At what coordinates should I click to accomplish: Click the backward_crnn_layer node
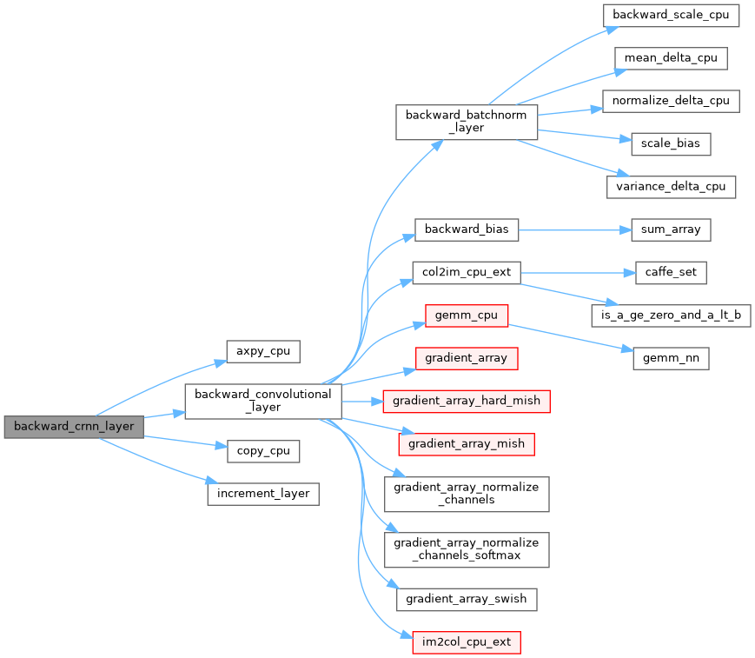pyautogui.click(x=73, y=427)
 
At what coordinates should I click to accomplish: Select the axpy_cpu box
pyautogui.click(x=262, y=351)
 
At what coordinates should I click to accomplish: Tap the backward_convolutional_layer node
pyautogui.click(x=263, y=401)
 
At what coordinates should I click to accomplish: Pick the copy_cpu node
pyautogui.click(x=262, y=451)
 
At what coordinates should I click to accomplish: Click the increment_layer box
pyautogui.click(x=262, y=494)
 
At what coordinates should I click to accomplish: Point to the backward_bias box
pyautogui.click(x=467, y=229)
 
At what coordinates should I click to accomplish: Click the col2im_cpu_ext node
pyautogui.click(x=467, y=272)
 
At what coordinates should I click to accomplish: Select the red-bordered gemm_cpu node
pyautogui.click(x=467, y=315)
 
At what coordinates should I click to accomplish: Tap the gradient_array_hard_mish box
pyautogui.click(x=467, y=401)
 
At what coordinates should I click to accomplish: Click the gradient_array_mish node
pyautogui.click(x=467, y=443)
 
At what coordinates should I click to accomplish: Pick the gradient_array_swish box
pyautogui.click(x=467, y=599)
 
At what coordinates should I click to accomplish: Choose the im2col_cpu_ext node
pyautogui.click(x=467, y=642)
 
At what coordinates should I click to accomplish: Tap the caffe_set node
pyautogui.click(x=670, y=272)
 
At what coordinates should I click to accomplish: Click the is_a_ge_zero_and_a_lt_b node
pyautogui.click(x=671, y=315)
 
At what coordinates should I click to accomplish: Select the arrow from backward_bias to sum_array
pyautogui.click(x=573, y=229)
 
